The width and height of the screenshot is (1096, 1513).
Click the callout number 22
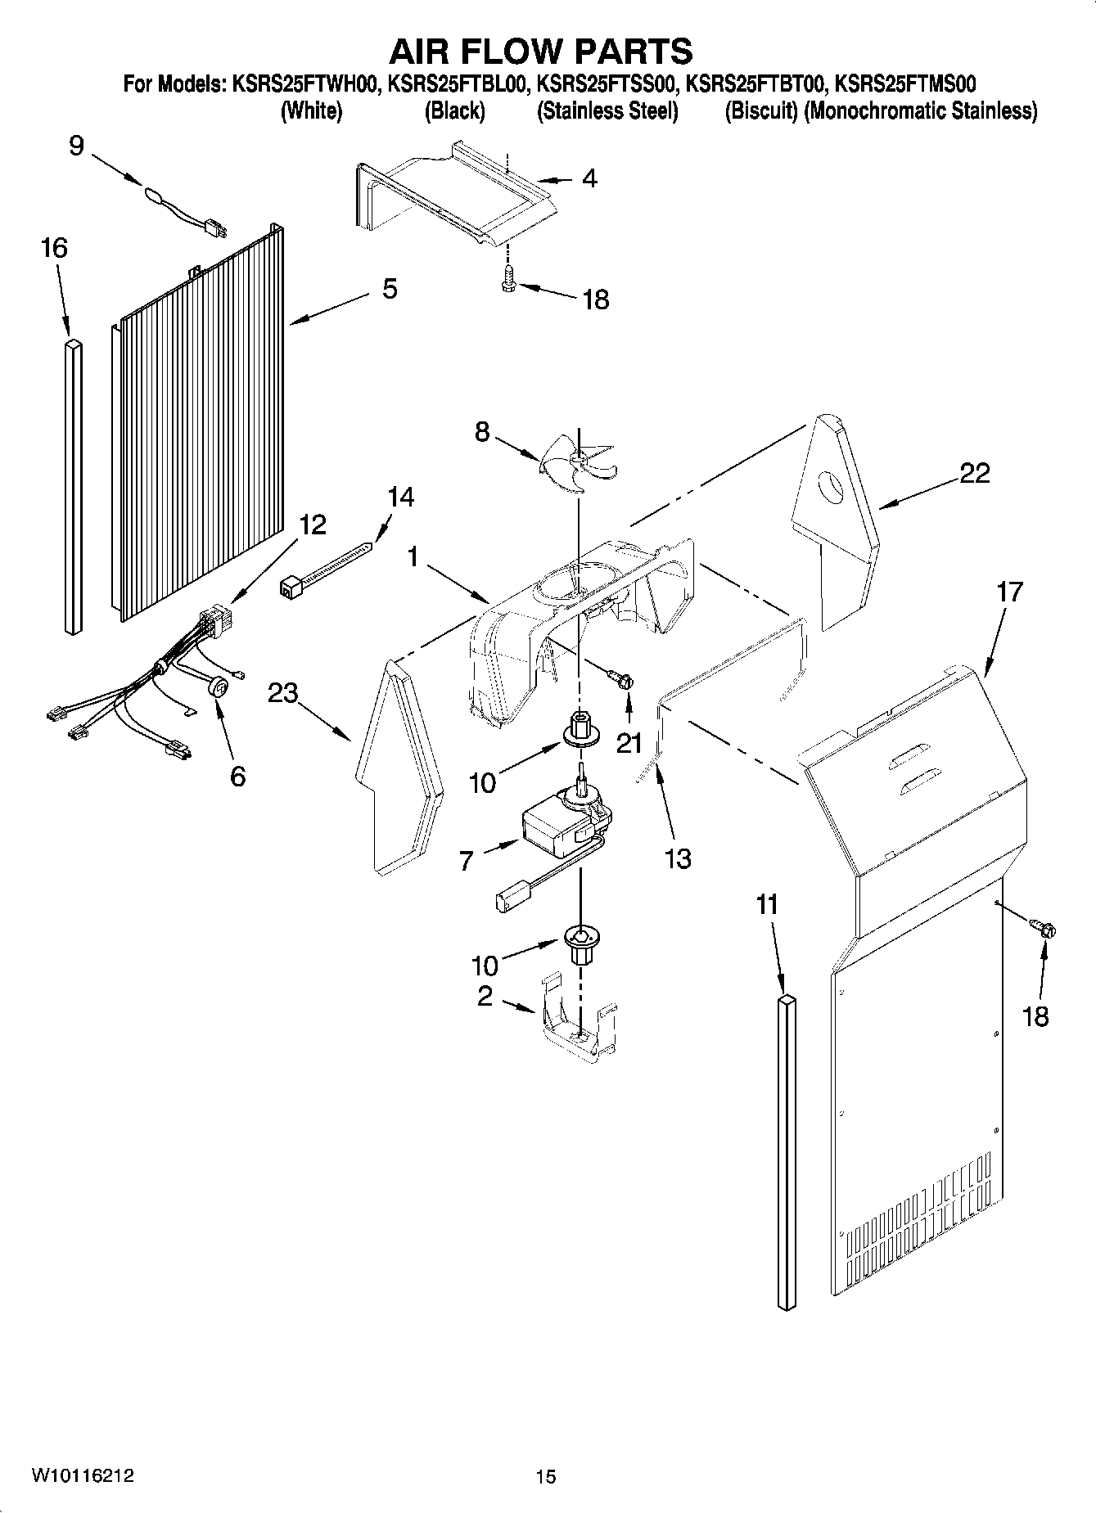tap(974, 473)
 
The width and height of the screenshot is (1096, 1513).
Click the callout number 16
tap(54, 248)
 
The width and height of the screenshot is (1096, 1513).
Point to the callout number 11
tap(767, 905)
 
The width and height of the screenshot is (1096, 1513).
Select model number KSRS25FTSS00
tap(607, 84)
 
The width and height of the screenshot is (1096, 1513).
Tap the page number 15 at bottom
tap(545, 1476)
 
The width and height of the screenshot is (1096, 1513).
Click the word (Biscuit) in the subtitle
tap(760, 111)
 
